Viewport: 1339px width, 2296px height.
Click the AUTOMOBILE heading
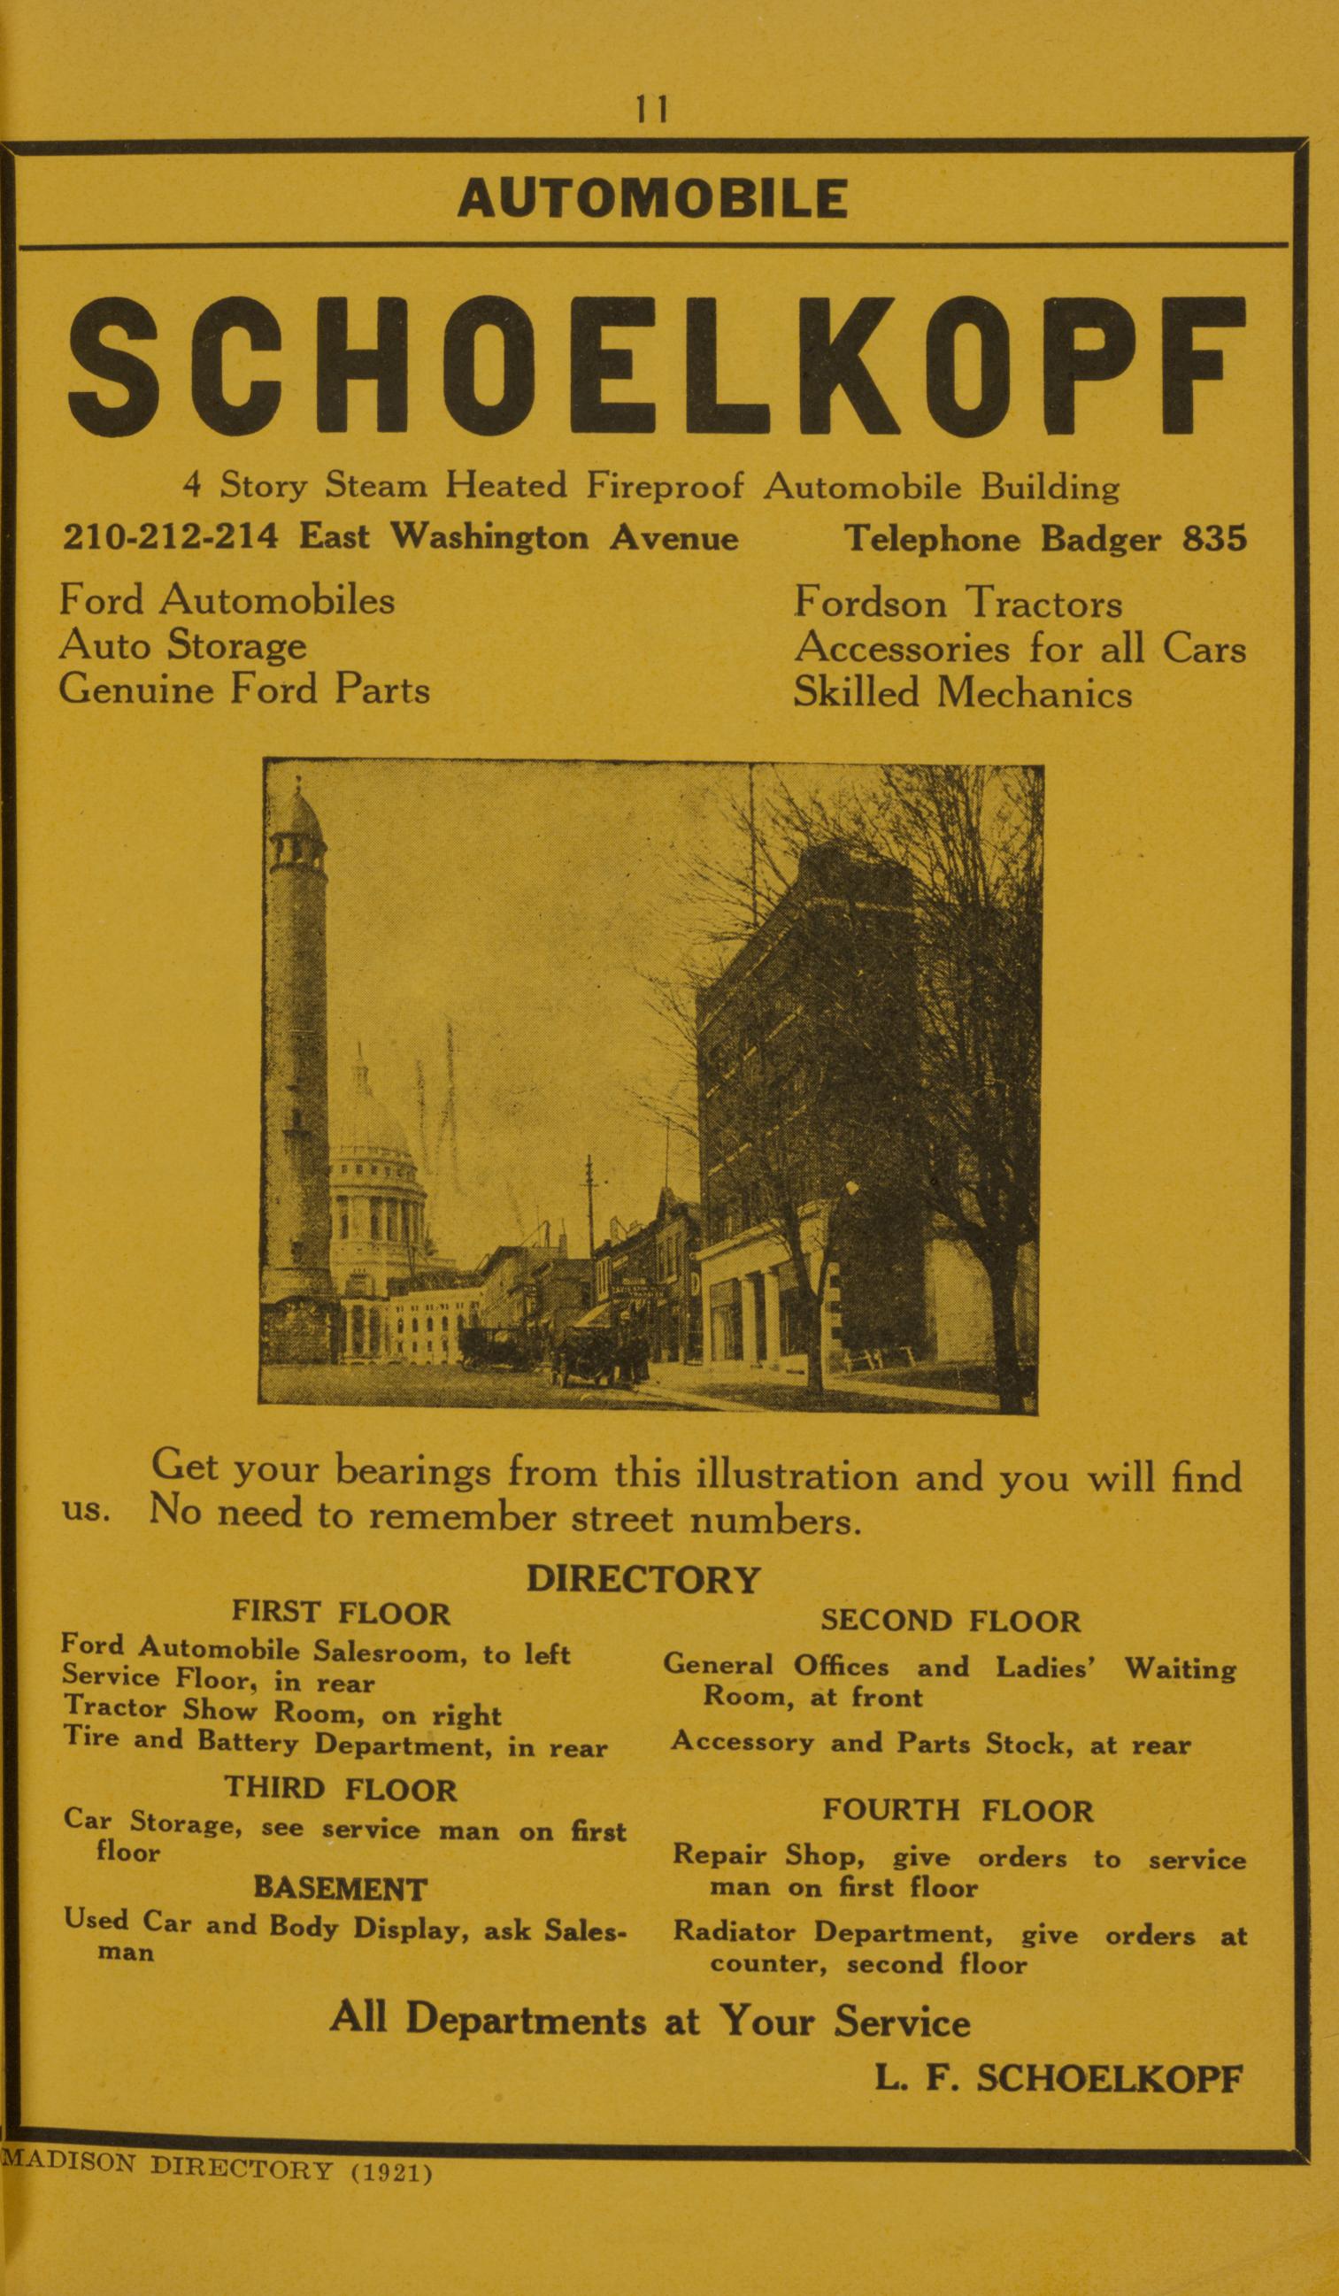(652, 198)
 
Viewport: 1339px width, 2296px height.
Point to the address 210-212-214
(170, 536)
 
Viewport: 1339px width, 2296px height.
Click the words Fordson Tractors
(958, 603)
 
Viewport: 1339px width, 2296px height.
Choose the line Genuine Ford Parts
(244, 690)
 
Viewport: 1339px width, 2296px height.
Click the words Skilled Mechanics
(962, 694)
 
